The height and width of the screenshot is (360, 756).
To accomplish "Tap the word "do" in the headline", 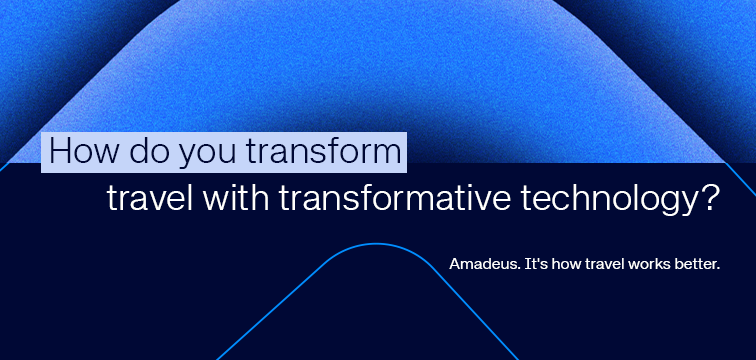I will (x=144, y=153).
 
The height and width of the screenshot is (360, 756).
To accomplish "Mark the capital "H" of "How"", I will (x=59, y=153).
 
